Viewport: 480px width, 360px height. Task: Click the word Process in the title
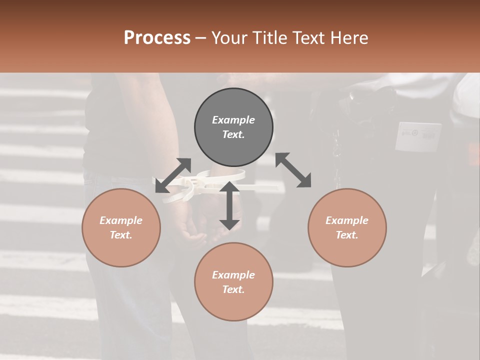click(157, 38)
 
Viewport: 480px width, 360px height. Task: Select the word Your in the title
click(227, 38)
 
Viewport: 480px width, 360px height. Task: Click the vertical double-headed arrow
click(229, 205)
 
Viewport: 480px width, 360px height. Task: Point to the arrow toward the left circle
click(173, 175)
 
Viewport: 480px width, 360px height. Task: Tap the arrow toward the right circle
click(293, 170)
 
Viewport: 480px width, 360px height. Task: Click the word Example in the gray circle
click(233, 120)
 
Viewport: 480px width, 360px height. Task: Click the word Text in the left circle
click(120, 235)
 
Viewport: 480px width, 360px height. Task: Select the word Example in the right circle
click(347, 220)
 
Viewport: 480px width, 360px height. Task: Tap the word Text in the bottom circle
click(233, 289)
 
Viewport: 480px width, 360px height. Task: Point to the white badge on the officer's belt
click(418, 136)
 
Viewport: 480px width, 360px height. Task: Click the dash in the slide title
click(201, 38)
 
